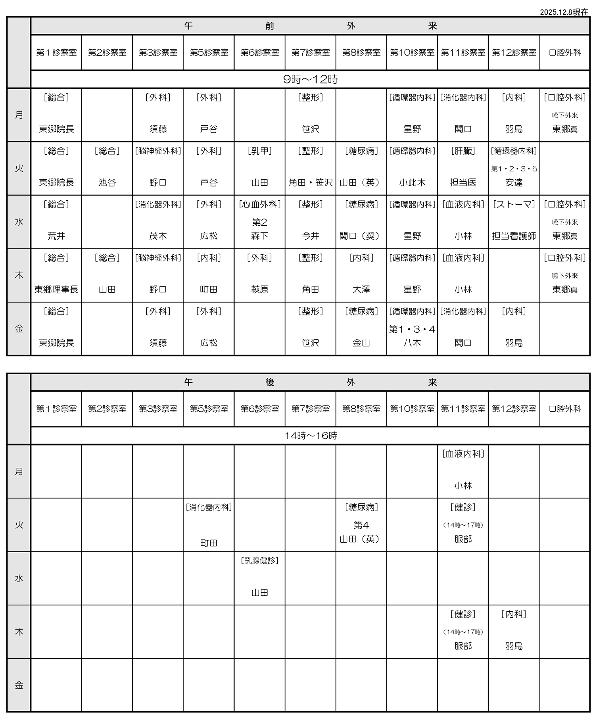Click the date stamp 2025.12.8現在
pyautogui.click(x=564, y=12)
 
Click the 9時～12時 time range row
pyautogui.click(x=310, y=79)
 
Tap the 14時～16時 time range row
pyautogui.click(x=310, y=436)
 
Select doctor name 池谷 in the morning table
pyautogui.click(x=107, y=182)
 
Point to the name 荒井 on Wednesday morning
pyautogui.click(x=56, y=236)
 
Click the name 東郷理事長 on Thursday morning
pyautogui.click(x=56, y=290)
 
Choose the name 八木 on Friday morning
pyautogui.click(x=412, y=343)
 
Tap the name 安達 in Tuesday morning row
pyautogui.click(x=514, y=182)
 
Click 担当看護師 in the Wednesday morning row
pyautogui.click(x=514, y=236)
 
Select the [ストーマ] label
pyautogui.click(x=514, y=204)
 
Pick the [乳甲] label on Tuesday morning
pyautogui.click(x=260, y=151)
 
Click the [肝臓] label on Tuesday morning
pyautogui.click(x=463, y=151)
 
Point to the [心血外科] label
pyautogui.click(x=260, y=204)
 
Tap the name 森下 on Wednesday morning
pyautogui.click(x=260, y=236)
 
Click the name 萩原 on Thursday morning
pyautogui.click(x=260, y=290)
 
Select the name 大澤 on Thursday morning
pyautogui.click(x=361, y=290)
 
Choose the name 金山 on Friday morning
pyautogui.click(x=361, y=343)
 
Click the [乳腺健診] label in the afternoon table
pyautogui.click(x=260, y=561)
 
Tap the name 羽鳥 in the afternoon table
pyautogui.click(x=514, y=646)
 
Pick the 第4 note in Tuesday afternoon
pyautogui.click(x=361, y=525)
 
